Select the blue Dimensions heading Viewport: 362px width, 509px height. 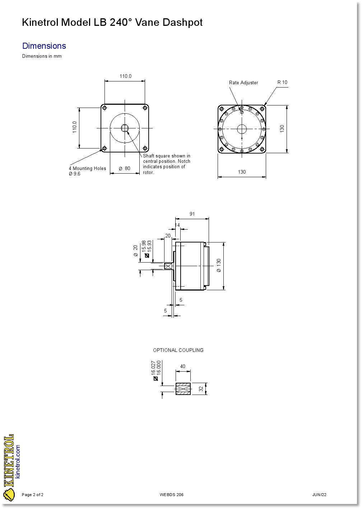coord(44,46)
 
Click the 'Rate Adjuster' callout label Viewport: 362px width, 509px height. coord(243,83)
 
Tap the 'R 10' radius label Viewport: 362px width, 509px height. coord(282,83)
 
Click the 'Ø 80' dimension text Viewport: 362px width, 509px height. coord(125,169)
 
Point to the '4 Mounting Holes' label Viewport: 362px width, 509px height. coord(87,169)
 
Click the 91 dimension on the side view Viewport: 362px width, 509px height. coord(192,214)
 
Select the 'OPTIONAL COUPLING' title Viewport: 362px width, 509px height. coord(178,350)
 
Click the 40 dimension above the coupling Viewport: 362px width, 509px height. coord(183,367)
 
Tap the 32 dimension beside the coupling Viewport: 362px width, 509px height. coord(201,389)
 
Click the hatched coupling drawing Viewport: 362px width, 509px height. coord(183,389)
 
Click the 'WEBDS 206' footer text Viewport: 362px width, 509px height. coord(172,495)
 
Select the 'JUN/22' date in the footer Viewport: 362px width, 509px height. coord(319,495)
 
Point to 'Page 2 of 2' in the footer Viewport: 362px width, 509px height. coord(33,495)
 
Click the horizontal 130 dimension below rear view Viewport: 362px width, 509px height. coord(242,172)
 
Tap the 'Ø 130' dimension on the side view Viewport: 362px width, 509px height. coord(219,265)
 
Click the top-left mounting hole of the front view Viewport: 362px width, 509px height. coord(105,108)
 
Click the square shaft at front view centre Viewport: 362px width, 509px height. coord(125,128)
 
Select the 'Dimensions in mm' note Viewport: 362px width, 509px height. coord(42,56)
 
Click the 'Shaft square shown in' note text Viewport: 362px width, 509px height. coord(167,156)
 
